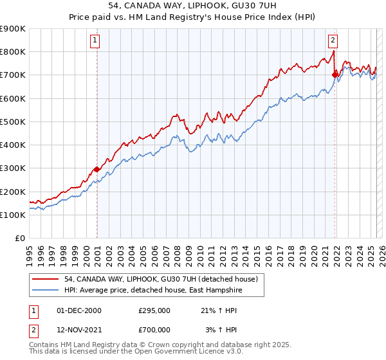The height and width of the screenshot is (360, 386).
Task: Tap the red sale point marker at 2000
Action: pyautogui.click(x=96, y=169)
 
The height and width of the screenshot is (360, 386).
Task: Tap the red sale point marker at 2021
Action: pyautogui.click(x=335, y=75)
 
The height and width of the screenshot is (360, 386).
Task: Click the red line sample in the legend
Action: pyautogui.click(x=46, y=279)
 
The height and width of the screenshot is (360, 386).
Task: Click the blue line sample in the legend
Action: pyautogui.click(x=46, y=290)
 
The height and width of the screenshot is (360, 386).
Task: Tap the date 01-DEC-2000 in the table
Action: pyautogui.click(x=79, y=310)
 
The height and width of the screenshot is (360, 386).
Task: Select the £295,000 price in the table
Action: pyautogui.click(x=154, y=310)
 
